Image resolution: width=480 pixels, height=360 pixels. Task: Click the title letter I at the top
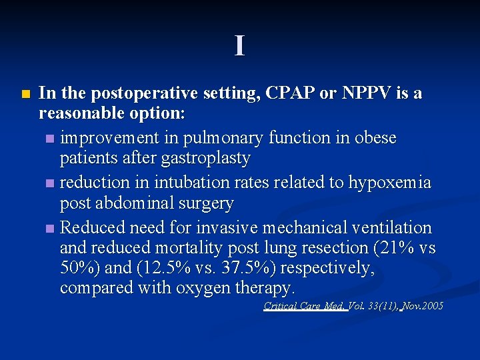[239, 46]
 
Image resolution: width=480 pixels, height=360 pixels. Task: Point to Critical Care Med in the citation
[304, 306]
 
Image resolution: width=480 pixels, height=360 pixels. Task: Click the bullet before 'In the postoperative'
[25, 94]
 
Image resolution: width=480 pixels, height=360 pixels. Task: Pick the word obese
[376, 138]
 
